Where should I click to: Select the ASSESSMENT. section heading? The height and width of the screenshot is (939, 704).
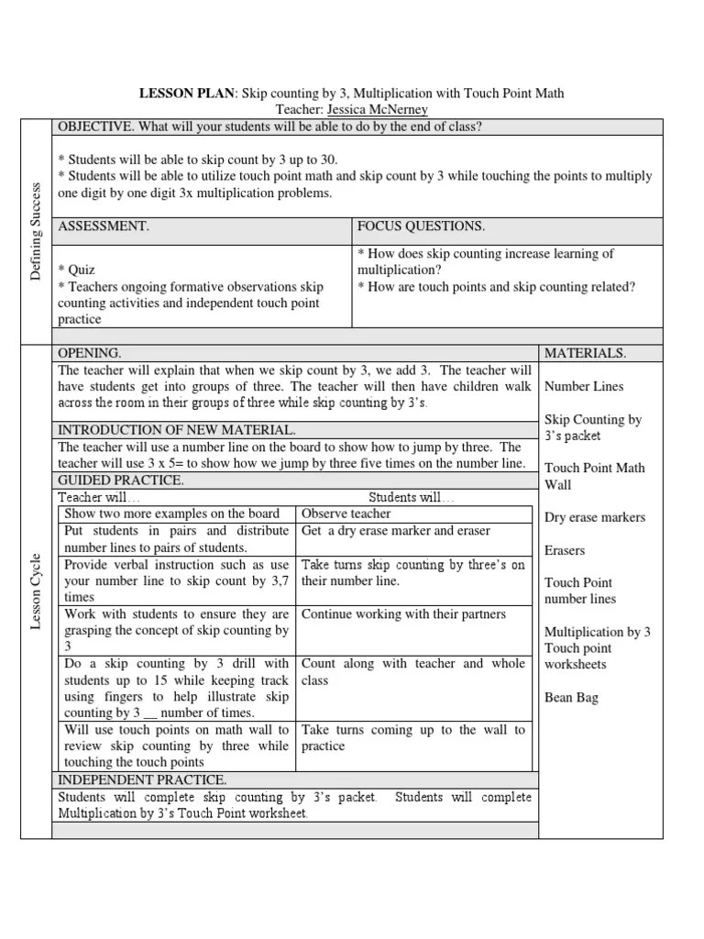(x=103, y=226)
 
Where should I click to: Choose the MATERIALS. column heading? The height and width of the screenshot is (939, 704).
(x=586, y=353)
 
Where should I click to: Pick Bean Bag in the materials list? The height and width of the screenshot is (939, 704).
(x=571, y=698)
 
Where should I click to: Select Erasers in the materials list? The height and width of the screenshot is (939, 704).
(x=565, y=551)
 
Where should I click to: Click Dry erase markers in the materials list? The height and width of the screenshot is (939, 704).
(x=595, y=517)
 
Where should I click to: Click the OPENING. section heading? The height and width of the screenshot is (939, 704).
(x=89, y=353)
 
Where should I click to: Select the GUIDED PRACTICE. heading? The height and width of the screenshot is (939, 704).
(x=121, y=481)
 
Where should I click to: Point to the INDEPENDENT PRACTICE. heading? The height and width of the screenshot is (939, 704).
(x=142, y=780)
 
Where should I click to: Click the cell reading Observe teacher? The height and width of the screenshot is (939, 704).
(x=346, y=514)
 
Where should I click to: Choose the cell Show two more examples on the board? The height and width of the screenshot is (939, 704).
(x=178, y=514)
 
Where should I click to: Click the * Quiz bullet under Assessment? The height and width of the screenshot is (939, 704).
(x=76, y=270)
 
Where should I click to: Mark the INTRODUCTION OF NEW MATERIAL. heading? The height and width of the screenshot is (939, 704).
(x=177, y=430)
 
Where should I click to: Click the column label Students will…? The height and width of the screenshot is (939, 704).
(x=404, y=497)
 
